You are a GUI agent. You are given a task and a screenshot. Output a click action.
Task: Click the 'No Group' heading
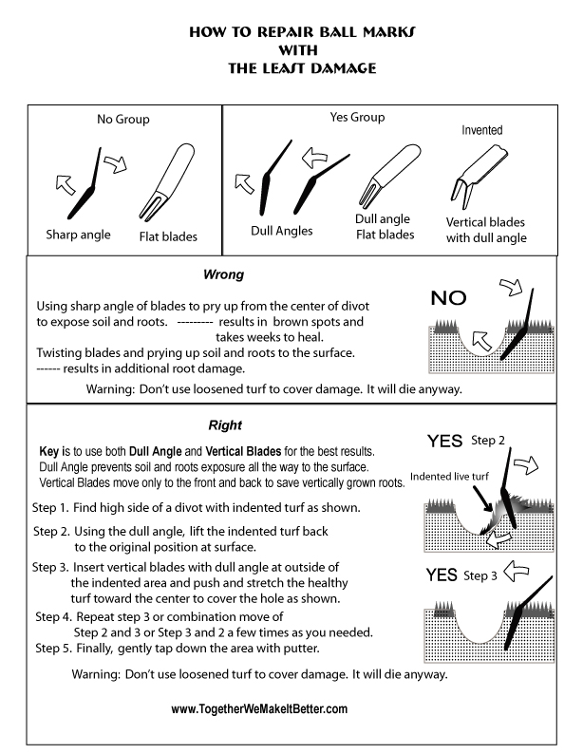pyautogui.click(x=122, y=120)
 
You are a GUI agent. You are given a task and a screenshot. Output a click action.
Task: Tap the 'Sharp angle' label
pyautogui.click(x=78, y=234)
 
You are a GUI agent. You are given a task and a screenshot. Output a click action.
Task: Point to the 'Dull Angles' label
pyautogui.click(x=282, y=230)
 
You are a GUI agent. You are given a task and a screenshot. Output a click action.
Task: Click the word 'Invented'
pyautogui.click(x=481, y=130)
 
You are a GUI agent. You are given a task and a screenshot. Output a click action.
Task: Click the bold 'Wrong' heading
pyautogui.click(x=225, y=275)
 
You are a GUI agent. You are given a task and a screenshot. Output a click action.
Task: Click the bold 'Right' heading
pyautogui.click(x=224, y=425)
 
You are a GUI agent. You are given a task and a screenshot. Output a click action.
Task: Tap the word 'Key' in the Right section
pyautogui.click(x=50, y=448)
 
